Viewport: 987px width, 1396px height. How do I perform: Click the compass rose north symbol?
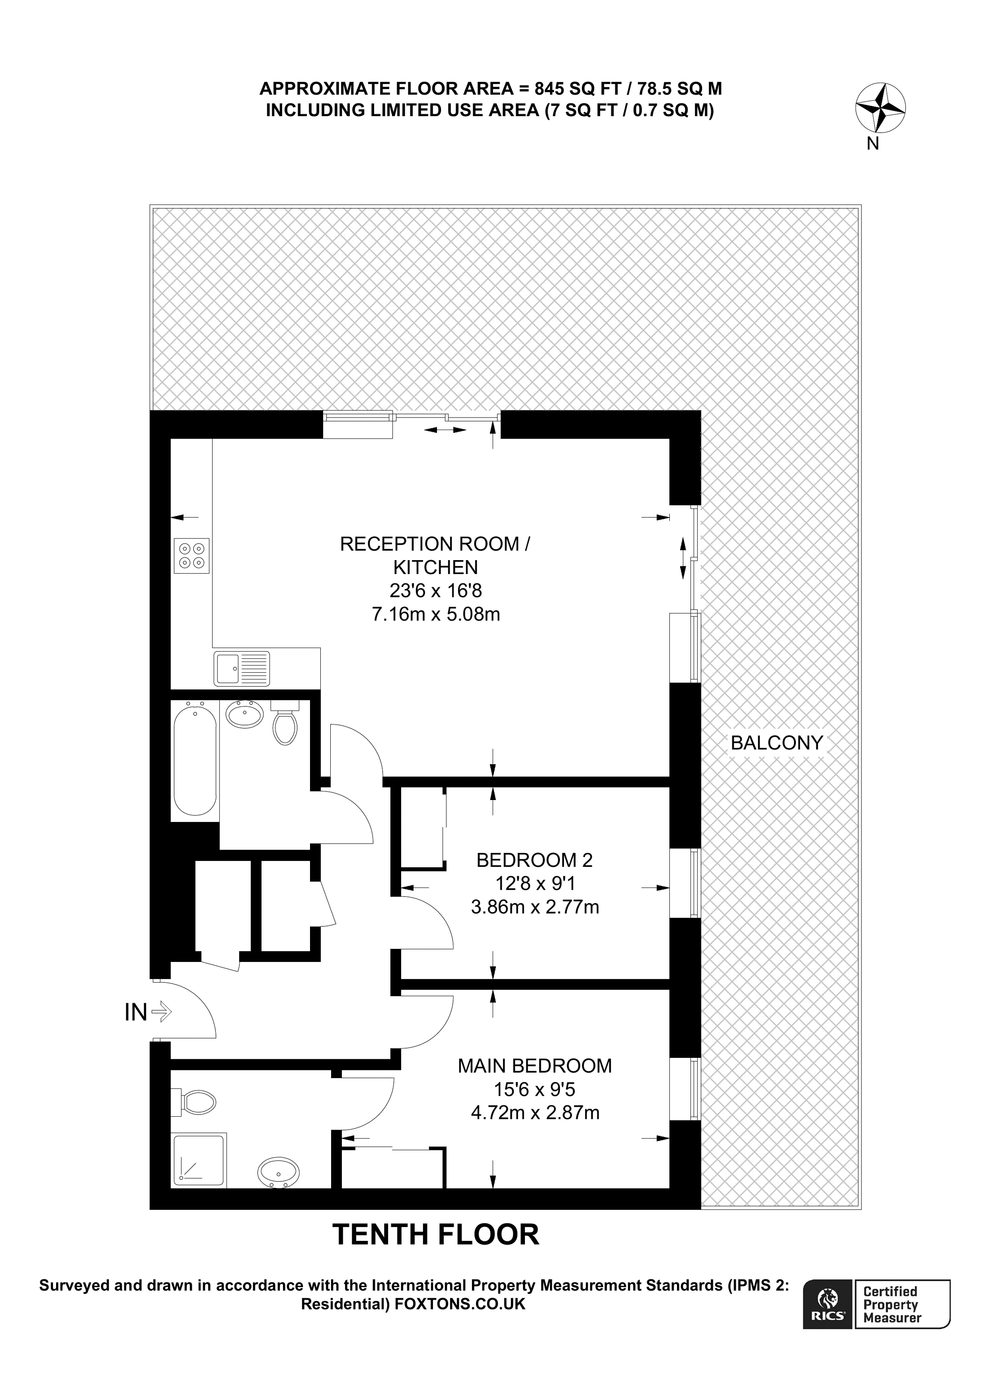click(x=880, y=108)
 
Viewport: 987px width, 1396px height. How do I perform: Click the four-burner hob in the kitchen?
click(x=192, y=556)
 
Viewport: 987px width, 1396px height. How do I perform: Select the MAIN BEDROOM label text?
click(x=534, y=1065)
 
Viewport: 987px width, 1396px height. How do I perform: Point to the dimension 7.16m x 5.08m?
click(x=436, y=614)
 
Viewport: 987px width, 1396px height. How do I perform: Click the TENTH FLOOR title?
click(x=436, y=1235)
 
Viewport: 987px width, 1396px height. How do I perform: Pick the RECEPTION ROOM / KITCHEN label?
click(x=435, y=555)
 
